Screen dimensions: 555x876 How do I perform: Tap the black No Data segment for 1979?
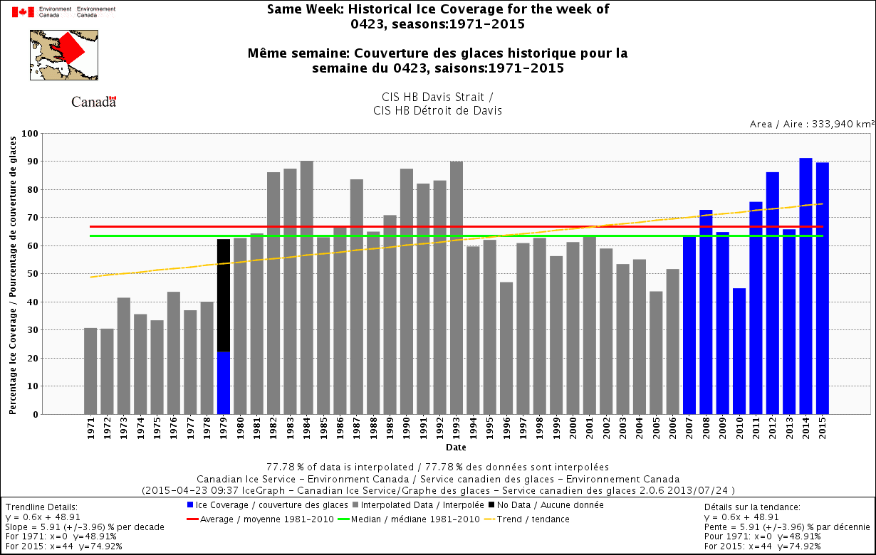pyautogui.click(x=224, y=295)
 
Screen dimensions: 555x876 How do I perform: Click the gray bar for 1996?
pyautogui.click(x=506, y=348)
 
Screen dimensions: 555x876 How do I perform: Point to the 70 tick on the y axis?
pyautogui.click(x=33, y=218)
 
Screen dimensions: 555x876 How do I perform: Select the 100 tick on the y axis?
pyautogui.click(x=31, y=134)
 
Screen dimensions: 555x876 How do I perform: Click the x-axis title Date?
pyautogui.click(x=457, y=448)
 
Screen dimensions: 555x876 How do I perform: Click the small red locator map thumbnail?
pyautogui.click(x=65, y=54)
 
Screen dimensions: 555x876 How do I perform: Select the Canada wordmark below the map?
pyautogui.click(x=93, y=102)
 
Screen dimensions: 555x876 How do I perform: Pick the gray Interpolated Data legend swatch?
pyautogui.click(x=347, y=505)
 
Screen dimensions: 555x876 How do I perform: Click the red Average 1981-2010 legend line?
pyautogui.click(x=192, y=519)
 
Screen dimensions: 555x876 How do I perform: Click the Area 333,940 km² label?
pyautogui.click(x=812, y=124)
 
